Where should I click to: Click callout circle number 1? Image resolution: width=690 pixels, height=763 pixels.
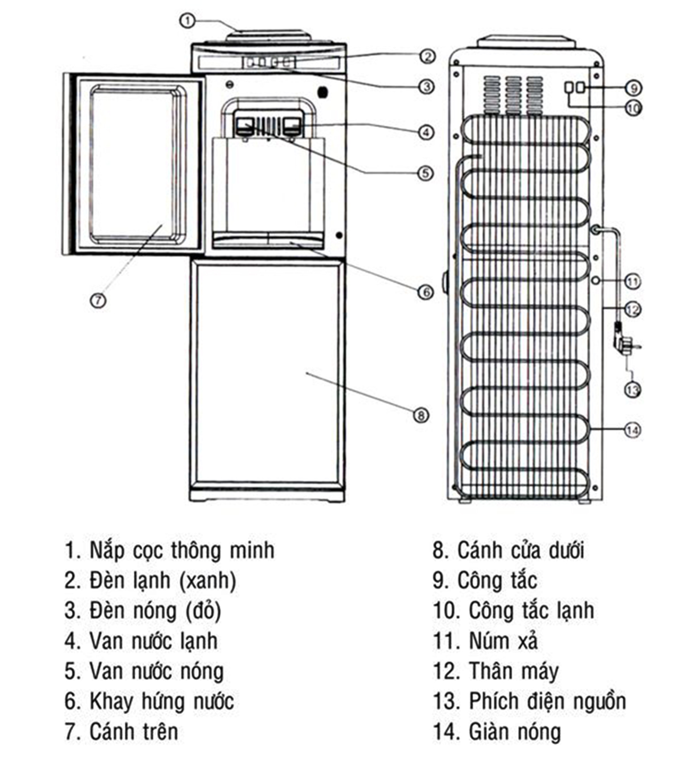tap(187, 21)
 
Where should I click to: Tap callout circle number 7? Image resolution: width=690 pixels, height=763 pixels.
tap(98, 300)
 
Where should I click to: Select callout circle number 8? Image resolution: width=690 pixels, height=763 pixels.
tap(420, 415)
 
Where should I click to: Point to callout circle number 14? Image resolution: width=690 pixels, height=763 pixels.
tap(632, 430)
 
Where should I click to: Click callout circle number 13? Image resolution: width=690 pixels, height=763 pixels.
tap(632, 390)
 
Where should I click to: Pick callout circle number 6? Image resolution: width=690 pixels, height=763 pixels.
tap(426, 291)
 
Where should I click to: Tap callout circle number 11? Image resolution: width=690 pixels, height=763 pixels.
tap(632, 281)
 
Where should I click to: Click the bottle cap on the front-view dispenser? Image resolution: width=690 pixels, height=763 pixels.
tap(269, 37)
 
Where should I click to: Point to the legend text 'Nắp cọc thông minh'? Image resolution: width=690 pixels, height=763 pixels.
tap(182, 550)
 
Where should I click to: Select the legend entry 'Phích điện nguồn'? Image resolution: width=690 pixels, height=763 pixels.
tap(547, 701)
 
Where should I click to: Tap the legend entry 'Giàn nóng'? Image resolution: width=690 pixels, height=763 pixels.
tap(514, 732)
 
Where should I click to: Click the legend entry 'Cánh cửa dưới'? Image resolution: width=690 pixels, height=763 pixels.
tap(520, 550)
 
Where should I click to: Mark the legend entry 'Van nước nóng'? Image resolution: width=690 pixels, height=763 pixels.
tap(156, 671)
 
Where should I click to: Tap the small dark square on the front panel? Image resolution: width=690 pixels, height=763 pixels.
tap(322, 92)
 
